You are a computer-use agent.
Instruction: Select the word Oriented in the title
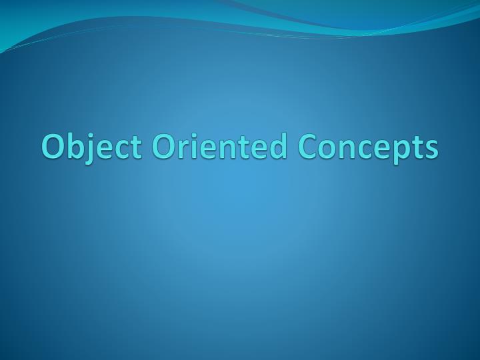pyautogui.click(x=213, y=147)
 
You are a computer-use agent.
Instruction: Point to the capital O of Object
pyautogui.click(x=53, y=147)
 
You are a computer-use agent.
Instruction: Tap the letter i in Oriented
pyautogui.click(x=189, y=147)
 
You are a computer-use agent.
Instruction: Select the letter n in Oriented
pyautogui.click(x=218, y=150)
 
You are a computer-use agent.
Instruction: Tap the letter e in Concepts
pyautogui.click(x=376, y=150)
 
